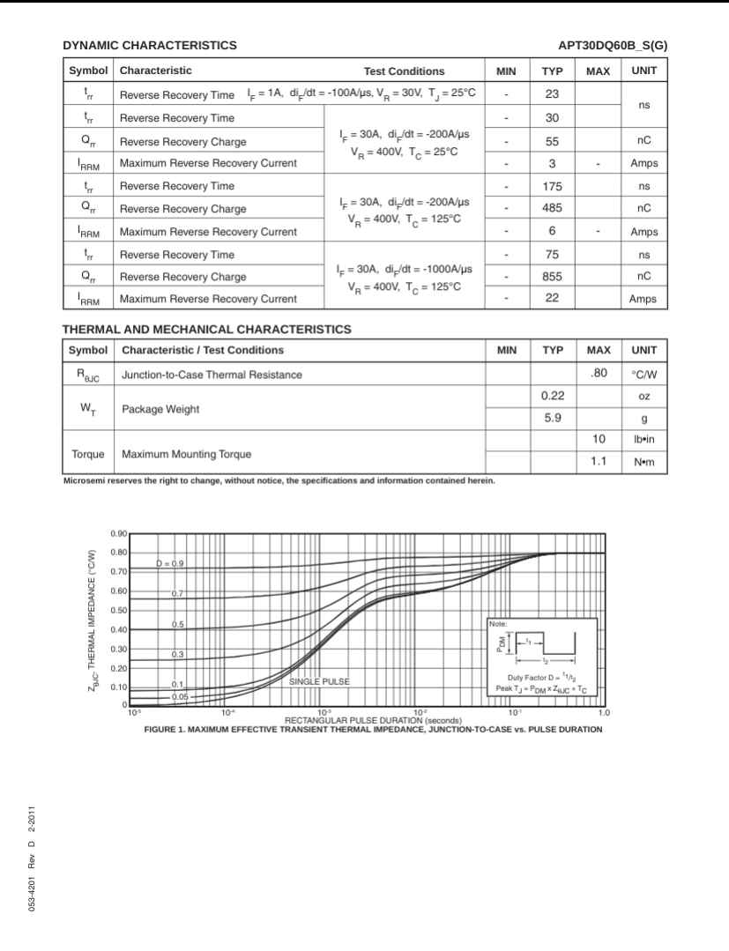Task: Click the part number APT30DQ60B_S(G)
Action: click(x=613, y=45)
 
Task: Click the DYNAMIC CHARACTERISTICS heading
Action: click(x=149, y=45)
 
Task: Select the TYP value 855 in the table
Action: click(x=553, y=277)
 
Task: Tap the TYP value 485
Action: click(x=553, y=209)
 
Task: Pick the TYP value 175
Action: click(x=553, y=186)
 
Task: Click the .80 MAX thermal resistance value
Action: click(x=599, y=374)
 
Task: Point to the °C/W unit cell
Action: click(x=644, y=375)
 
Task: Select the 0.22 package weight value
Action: click(x=553, y=397)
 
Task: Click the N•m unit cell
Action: click(x=644, y=462)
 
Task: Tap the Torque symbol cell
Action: click(x=87, y=454)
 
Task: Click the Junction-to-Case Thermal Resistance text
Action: click(x=212, y=375)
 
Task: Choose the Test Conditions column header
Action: click(x=404, y=71)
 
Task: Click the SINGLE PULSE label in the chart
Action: click(x=319, y=681)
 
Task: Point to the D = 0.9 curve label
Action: click(x=170, y=562)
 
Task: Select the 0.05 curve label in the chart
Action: click(x=180, y=696)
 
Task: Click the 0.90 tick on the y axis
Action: click(x=119, y=534)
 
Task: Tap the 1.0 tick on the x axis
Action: click(x=604, y=712)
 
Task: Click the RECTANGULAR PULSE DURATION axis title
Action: click(x=368, y=720)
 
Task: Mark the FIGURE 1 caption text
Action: click(x=373, y=730)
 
